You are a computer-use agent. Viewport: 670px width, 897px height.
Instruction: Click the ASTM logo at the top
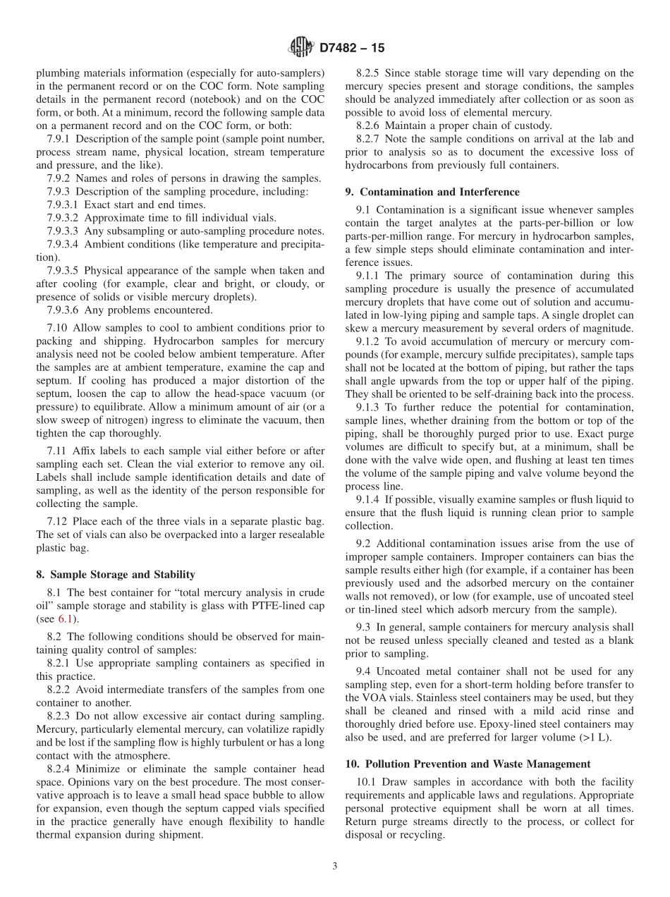[x=300, y=48]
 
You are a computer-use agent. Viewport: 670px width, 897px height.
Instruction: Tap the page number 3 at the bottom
[x=335, y=866]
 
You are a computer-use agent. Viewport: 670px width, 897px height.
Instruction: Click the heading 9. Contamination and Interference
[x=432, y=192]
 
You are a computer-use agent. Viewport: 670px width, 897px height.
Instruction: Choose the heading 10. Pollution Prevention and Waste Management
[x=468, y=764]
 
